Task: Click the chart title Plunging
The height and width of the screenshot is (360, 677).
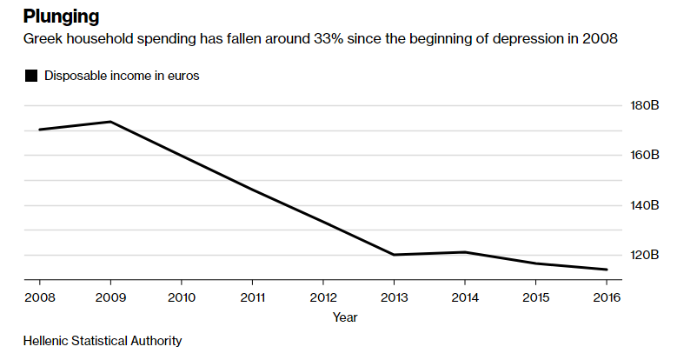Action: coord(62,17)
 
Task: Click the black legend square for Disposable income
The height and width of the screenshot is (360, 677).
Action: coord(31,76)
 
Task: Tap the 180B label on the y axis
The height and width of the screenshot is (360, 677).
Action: coord(645,105)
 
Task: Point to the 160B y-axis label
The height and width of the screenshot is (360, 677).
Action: coord(645,155)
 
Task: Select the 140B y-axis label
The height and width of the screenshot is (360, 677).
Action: coord(645,205)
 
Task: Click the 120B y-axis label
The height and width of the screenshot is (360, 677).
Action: coord(645,255)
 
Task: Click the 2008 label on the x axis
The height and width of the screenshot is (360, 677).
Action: coord(40,297)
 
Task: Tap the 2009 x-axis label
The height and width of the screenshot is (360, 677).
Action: coord(110,297)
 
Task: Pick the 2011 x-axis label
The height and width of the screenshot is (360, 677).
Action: coord(253,297)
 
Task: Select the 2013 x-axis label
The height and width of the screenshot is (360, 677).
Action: coord(395,297)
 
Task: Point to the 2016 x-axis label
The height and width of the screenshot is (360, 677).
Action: coord(607,297)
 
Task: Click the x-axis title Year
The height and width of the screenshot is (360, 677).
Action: coord(345,317)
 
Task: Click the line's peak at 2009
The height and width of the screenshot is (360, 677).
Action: coord(111,122)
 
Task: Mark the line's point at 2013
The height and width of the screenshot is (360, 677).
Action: coord(395,255)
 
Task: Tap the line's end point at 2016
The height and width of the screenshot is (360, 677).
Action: coord(607,270)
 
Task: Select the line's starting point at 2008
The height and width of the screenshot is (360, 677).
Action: coord(40,130)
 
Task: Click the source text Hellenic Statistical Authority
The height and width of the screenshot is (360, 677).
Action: coord(103,341)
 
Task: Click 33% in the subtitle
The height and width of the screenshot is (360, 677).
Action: coord(329,39)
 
